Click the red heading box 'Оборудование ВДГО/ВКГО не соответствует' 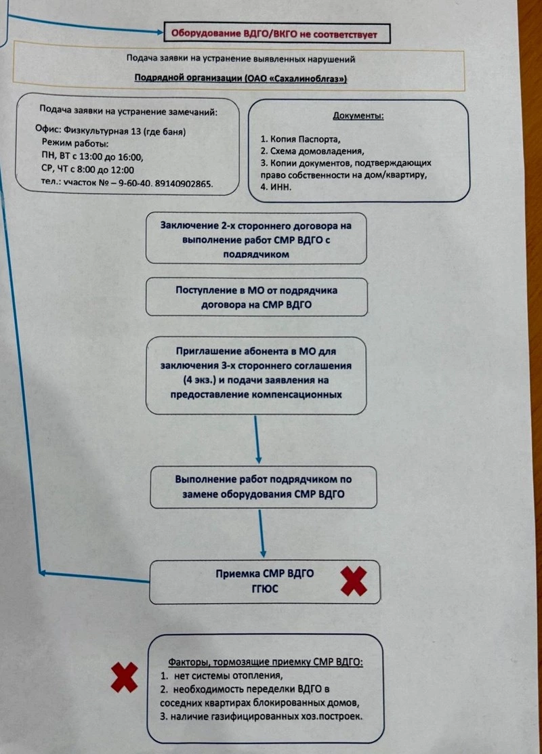coord(276,33)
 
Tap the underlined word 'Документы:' coord(358,115)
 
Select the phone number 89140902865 coord(184,183)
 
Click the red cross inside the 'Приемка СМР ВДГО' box coord(354,581)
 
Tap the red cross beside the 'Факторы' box coord(125,677)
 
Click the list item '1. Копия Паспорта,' coord(301,139)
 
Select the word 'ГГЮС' coord(265,588)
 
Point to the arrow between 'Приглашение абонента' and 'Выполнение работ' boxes coord(257,440)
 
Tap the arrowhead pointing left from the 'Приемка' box coord(42,572)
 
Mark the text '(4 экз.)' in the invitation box coord(199,380)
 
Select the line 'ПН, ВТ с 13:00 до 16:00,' coord(92,156)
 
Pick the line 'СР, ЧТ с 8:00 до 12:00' coord(87,169)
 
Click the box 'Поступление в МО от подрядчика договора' coord(257,297)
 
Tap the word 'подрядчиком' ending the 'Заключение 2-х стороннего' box coord(256,254)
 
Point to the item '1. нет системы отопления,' coord(222,675)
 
